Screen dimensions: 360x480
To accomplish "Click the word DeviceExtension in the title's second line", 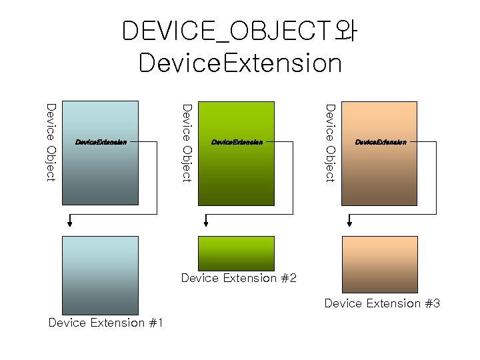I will pos(240,63).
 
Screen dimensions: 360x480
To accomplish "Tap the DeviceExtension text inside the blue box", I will pos(101,142).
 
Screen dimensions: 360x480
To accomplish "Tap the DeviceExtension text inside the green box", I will pos(237,142).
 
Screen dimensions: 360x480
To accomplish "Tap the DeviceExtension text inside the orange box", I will pos(380,142).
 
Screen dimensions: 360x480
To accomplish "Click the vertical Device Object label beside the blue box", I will pos(51,141).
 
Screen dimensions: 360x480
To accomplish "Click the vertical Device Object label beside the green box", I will pos(187,141).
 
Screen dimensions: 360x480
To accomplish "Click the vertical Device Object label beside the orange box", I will pos(329,141).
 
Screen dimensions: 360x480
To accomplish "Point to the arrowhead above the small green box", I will pos(207,224).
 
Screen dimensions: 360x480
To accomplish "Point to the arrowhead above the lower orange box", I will pos(349,224).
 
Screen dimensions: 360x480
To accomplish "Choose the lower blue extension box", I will pos(100,275).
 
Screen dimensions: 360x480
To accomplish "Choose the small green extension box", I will pos(236,253).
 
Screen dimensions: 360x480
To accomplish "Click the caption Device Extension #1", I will pos(106,323).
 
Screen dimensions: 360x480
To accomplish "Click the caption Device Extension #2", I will pos(239,278).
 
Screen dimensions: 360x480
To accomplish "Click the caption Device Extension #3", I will pos(382,303).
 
